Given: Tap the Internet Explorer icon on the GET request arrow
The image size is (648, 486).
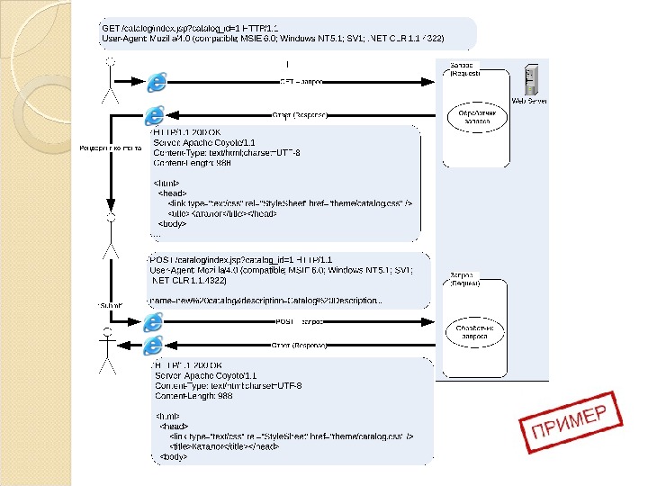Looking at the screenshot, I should pyautogui.click(x=158, y=82).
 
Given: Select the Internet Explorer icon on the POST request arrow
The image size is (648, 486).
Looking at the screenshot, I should pyautogui.click(x=155, y=321).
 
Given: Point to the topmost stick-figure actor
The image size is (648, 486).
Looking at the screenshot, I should pyautogui.click(x=110, y=76).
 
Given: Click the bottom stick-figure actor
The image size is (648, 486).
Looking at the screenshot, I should pyautogui.click(x=107, y=351).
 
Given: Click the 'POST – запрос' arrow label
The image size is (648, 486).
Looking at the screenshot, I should pyautogui.click(x=299, y=321).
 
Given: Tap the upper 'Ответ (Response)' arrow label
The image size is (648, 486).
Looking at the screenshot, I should pyautogui.click(x=299, y=115).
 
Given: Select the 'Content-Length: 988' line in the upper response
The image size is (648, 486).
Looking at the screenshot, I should pyautogui.click(x=192, y=164).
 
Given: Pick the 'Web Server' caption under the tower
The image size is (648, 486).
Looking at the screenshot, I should pyautogui.click(x=529, y=102).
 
